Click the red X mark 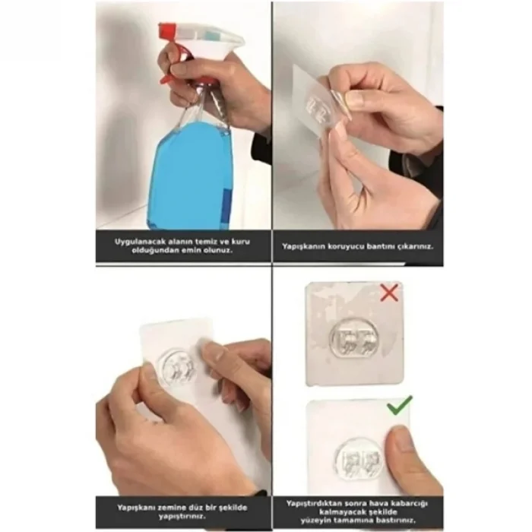[x=389, y=293]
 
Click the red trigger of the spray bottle [x=169, y=65]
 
